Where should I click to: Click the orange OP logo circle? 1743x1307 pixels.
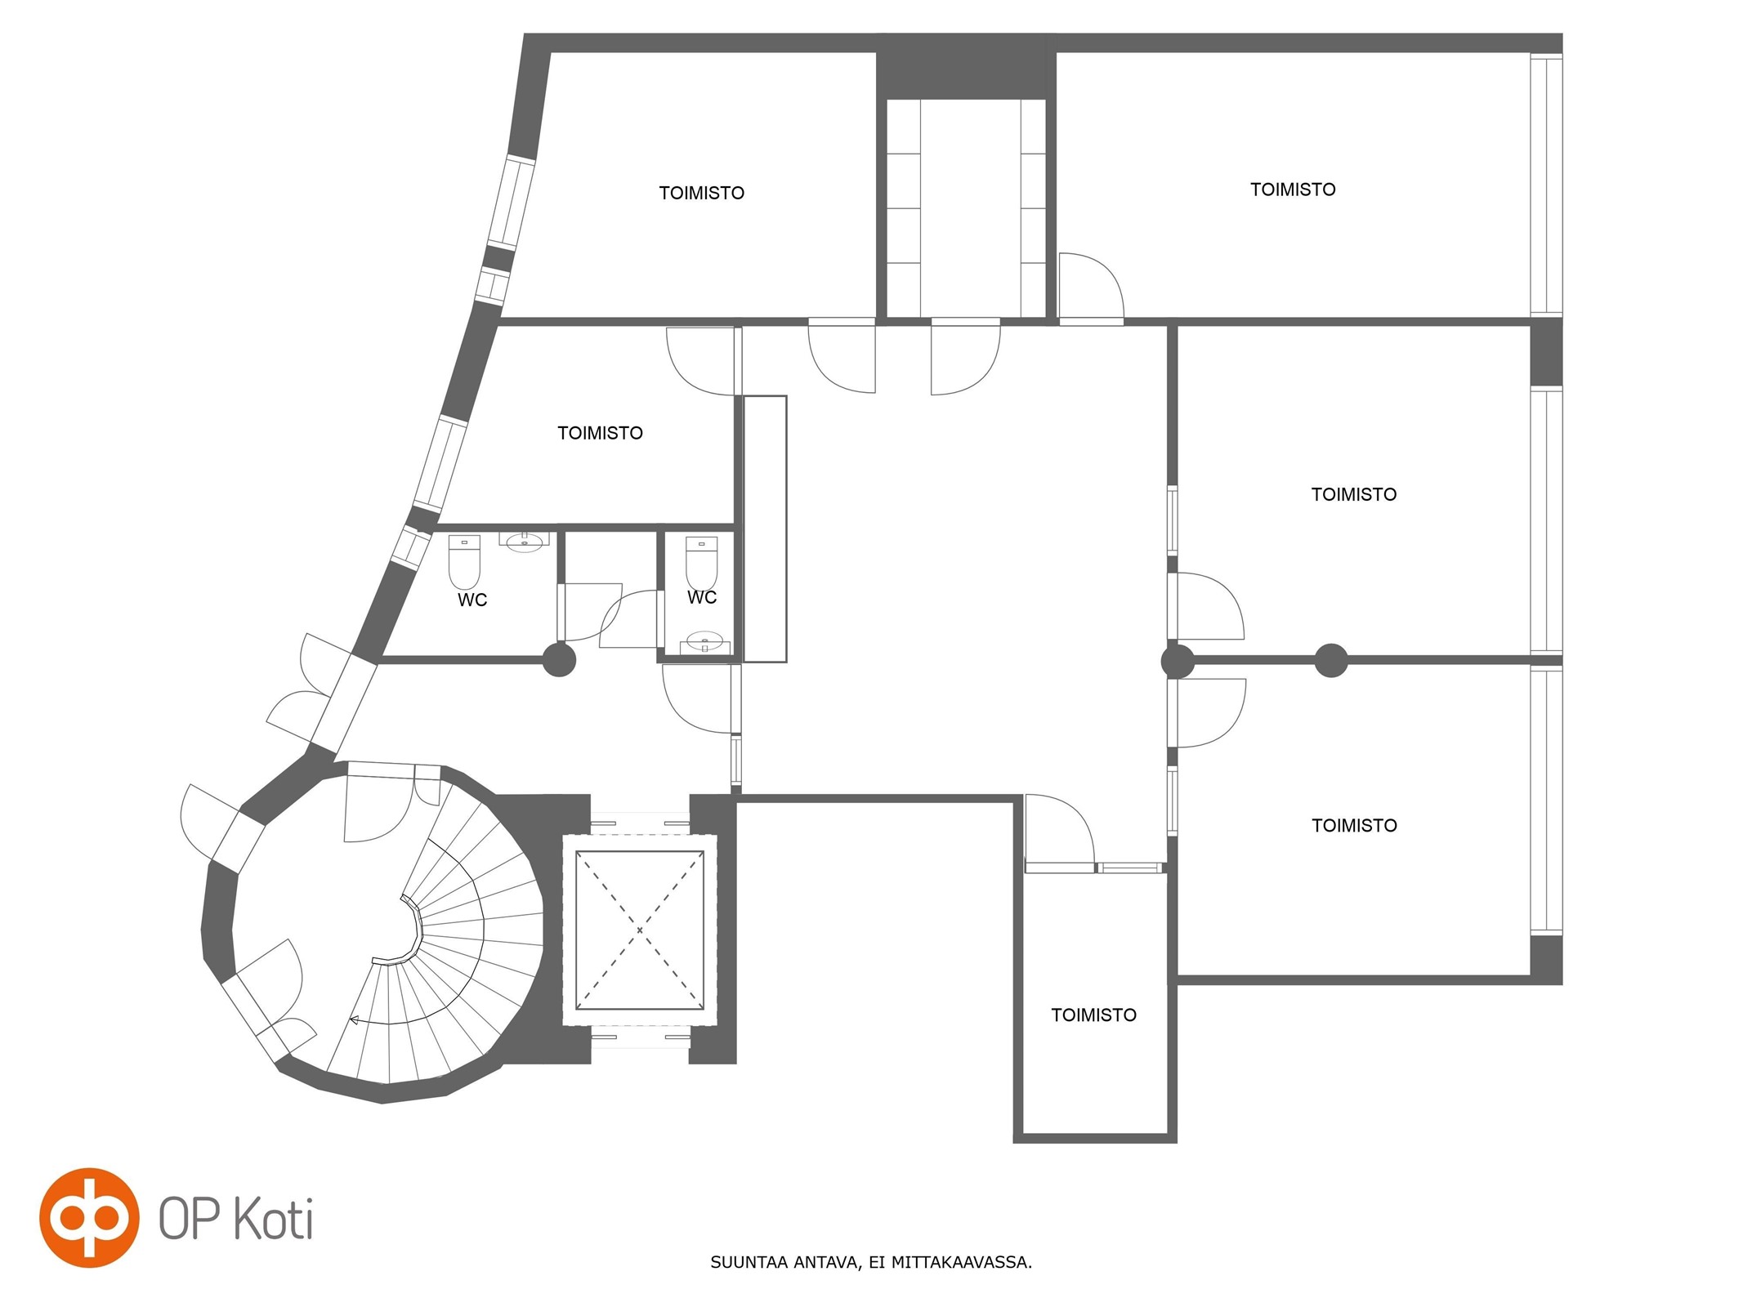click(89, 1218)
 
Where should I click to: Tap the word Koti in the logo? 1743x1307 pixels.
click(274, 1220)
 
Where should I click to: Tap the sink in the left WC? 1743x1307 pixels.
click(525, 542)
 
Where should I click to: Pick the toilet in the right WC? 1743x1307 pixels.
click(701, 562)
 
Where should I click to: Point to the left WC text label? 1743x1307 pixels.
click(472, 600)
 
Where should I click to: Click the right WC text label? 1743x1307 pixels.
click(702, 598)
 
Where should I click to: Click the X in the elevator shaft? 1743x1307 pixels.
click(640, 930)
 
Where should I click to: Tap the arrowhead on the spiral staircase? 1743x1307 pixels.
click(355, 1019)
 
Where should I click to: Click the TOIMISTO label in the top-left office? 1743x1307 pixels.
click(702, 194)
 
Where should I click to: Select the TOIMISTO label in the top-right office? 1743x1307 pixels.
click(1293, 190)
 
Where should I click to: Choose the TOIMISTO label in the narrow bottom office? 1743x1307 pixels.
click(1093, 1015)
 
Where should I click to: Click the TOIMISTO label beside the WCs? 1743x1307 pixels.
click(600, 433)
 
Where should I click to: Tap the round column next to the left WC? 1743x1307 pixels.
click(560, 660)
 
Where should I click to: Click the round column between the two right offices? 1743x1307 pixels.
click(1330, 660)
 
